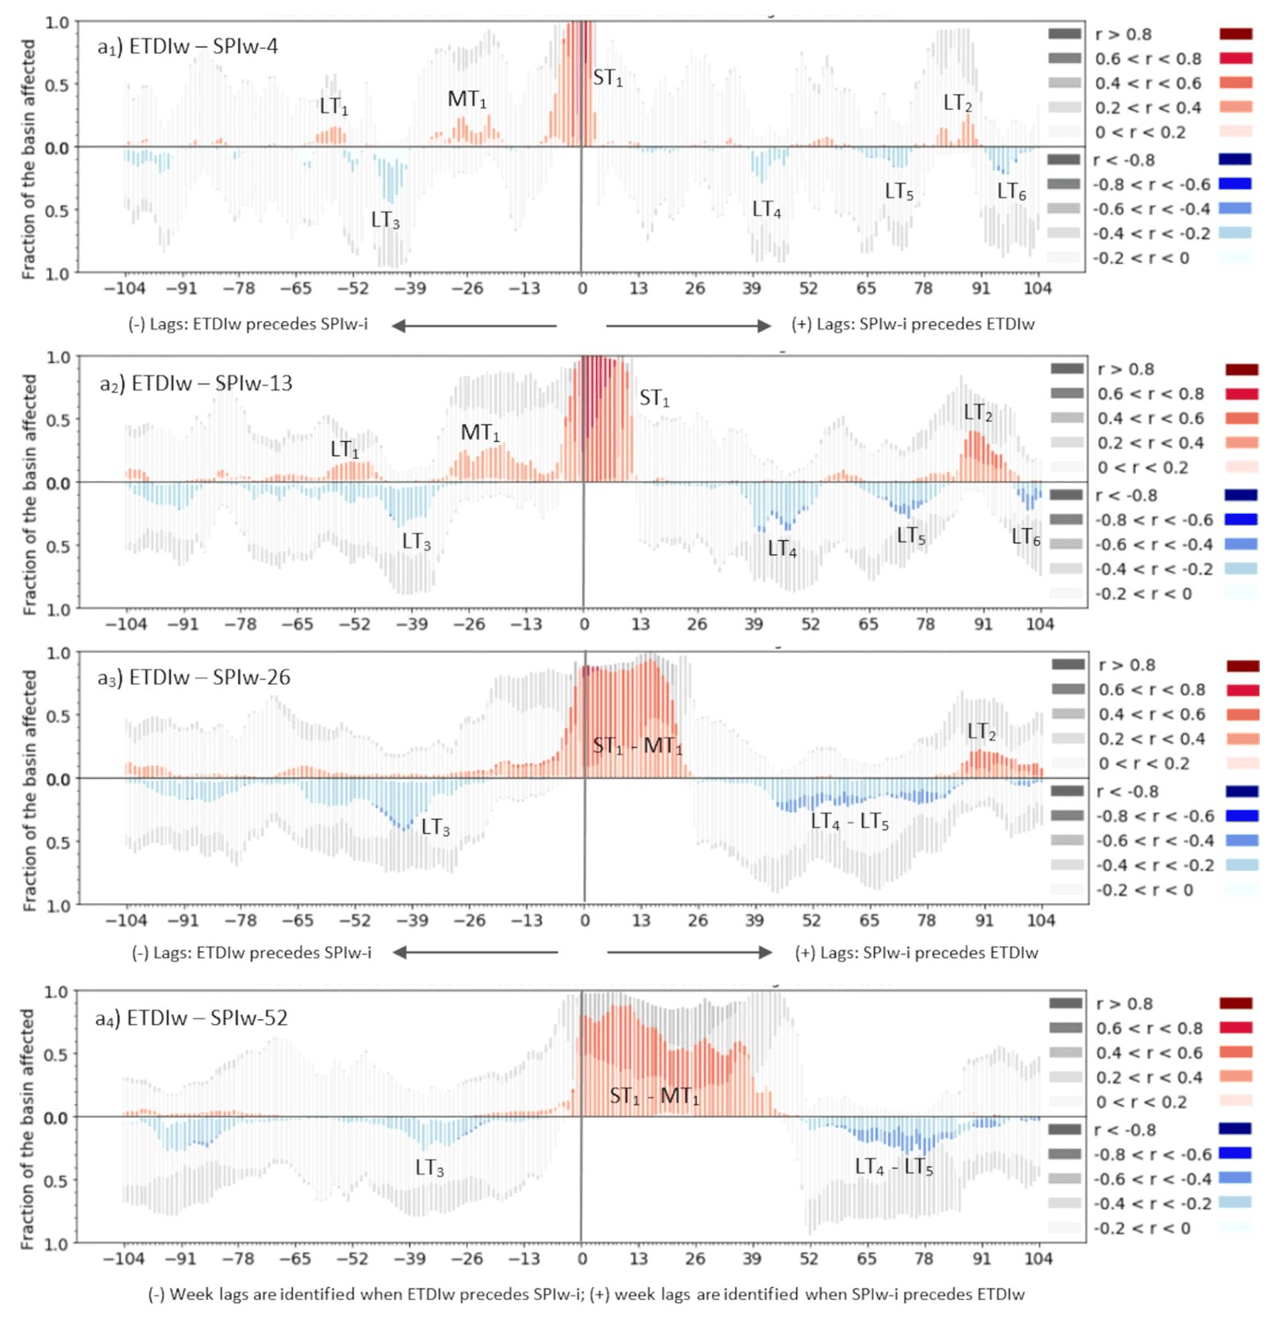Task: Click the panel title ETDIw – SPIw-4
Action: [x=187, y=47]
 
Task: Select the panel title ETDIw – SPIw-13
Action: [x=195, y=383]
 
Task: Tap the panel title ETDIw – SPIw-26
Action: [x=194, y=678]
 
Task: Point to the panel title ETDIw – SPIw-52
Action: [x=191, y=1018]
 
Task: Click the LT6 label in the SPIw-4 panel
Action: [x=1011, y=191]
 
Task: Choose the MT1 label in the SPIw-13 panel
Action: [x=480, y=433]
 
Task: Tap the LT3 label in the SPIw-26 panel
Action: [x=436, y=828]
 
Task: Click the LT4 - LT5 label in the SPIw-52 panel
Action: [x=894, y=1167]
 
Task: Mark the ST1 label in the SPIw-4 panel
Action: [x=607, y=78]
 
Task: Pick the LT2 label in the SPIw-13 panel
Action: [x=977, y=413]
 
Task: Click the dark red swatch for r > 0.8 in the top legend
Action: [x=1236, y=34]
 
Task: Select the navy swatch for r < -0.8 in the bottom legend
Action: [x=1235, y=1129]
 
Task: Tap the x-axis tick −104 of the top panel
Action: [x=125, y=289]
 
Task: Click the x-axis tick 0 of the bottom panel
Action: [x=582, y=1259]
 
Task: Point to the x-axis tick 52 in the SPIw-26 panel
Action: [x=811, y=920]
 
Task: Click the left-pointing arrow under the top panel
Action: [x=474, y=325]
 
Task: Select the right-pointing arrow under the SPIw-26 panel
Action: [x=689, y=953]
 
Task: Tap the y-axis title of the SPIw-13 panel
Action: [x=29, y=494]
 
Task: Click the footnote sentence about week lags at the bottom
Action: [x=586, y=1294]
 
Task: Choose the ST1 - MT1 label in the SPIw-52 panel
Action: [x=654, y=1097]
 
